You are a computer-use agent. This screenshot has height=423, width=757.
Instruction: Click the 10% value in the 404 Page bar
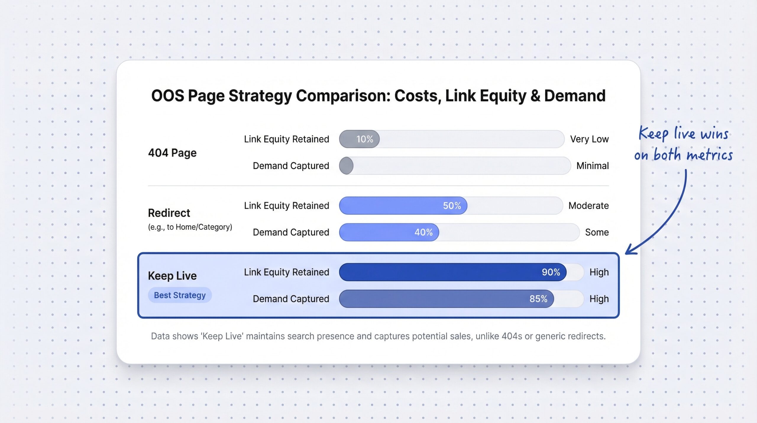coord(364,139)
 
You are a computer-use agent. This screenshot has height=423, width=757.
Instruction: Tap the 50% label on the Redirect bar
coord(452,206)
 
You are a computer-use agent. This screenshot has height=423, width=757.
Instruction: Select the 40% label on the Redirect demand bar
coord(423,232)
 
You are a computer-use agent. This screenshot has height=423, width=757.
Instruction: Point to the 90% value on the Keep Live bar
coord(551,272)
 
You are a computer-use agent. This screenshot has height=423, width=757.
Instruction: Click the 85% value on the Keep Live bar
coord(538,299)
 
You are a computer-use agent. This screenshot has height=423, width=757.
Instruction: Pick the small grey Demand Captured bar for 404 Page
coord(346,166)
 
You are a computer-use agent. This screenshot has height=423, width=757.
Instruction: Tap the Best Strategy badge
coord(180,295)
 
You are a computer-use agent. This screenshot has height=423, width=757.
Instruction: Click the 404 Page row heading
coord(172,153)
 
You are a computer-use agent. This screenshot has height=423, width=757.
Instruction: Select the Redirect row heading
coord(169,213)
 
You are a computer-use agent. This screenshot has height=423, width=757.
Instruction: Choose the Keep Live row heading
coord(172,276)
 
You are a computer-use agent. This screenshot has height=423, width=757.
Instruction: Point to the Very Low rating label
coord(589,139)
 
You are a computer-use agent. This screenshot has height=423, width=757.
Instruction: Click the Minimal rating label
coord(592,166)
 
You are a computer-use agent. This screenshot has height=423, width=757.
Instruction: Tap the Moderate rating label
coord(588,206)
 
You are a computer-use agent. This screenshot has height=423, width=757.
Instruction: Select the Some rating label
coord(597,232)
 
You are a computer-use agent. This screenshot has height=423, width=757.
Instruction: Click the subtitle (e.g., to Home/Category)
coord(190,227)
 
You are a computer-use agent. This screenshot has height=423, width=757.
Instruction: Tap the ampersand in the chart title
coord(535,96)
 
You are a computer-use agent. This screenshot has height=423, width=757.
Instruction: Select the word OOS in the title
coord(167,96)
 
